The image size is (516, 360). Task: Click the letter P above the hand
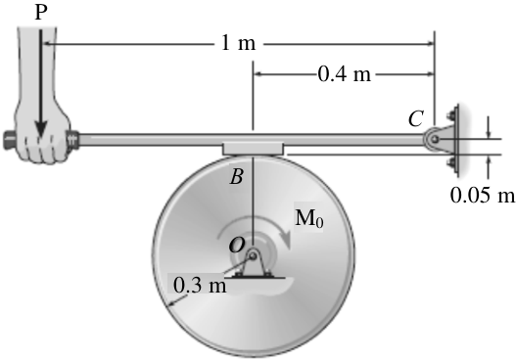(41, 13)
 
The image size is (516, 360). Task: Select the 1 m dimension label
(238, 43)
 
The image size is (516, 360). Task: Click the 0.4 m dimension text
(345, 73)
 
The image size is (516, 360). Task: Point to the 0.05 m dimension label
(482, 196)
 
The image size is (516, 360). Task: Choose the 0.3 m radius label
(200, 285)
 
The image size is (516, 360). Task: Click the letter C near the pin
(415, 118)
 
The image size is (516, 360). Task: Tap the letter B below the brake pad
(237, 176)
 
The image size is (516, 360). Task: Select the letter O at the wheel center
(237, 245)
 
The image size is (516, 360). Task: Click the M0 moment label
(309, 217)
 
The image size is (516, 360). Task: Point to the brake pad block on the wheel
(253, 149)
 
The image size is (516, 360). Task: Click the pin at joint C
(435, 139)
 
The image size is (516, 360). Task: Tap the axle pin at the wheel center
(253, 254)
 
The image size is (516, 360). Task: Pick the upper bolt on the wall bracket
(450, 115)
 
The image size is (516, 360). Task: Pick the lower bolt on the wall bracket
(450, 162)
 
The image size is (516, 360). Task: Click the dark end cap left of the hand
(9, 140)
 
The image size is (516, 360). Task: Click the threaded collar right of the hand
(72, 140)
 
